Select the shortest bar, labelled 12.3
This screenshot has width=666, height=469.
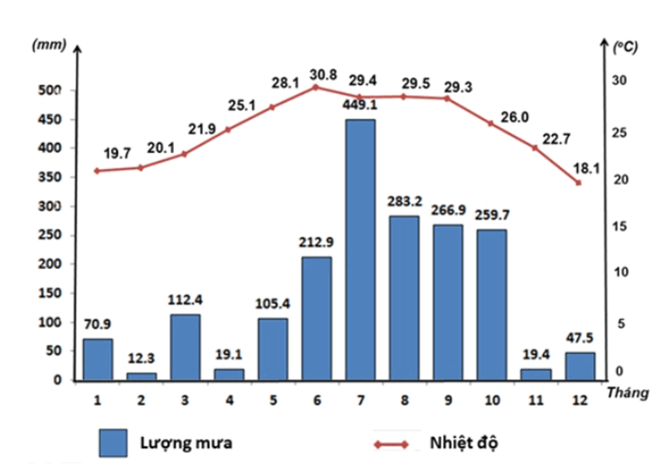point(141,376)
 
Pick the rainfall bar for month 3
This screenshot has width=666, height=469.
point(185,347)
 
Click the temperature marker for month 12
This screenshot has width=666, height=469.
point(577,182)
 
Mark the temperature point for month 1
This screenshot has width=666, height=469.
point(97,171)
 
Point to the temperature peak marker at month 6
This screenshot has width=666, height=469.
point(315,87)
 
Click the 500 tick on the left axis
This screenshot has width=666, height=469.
point(48,91)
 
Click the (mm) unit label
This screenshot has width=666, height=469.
point(47,45)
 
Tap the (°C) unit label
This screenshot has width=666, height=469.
point(624,45)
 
